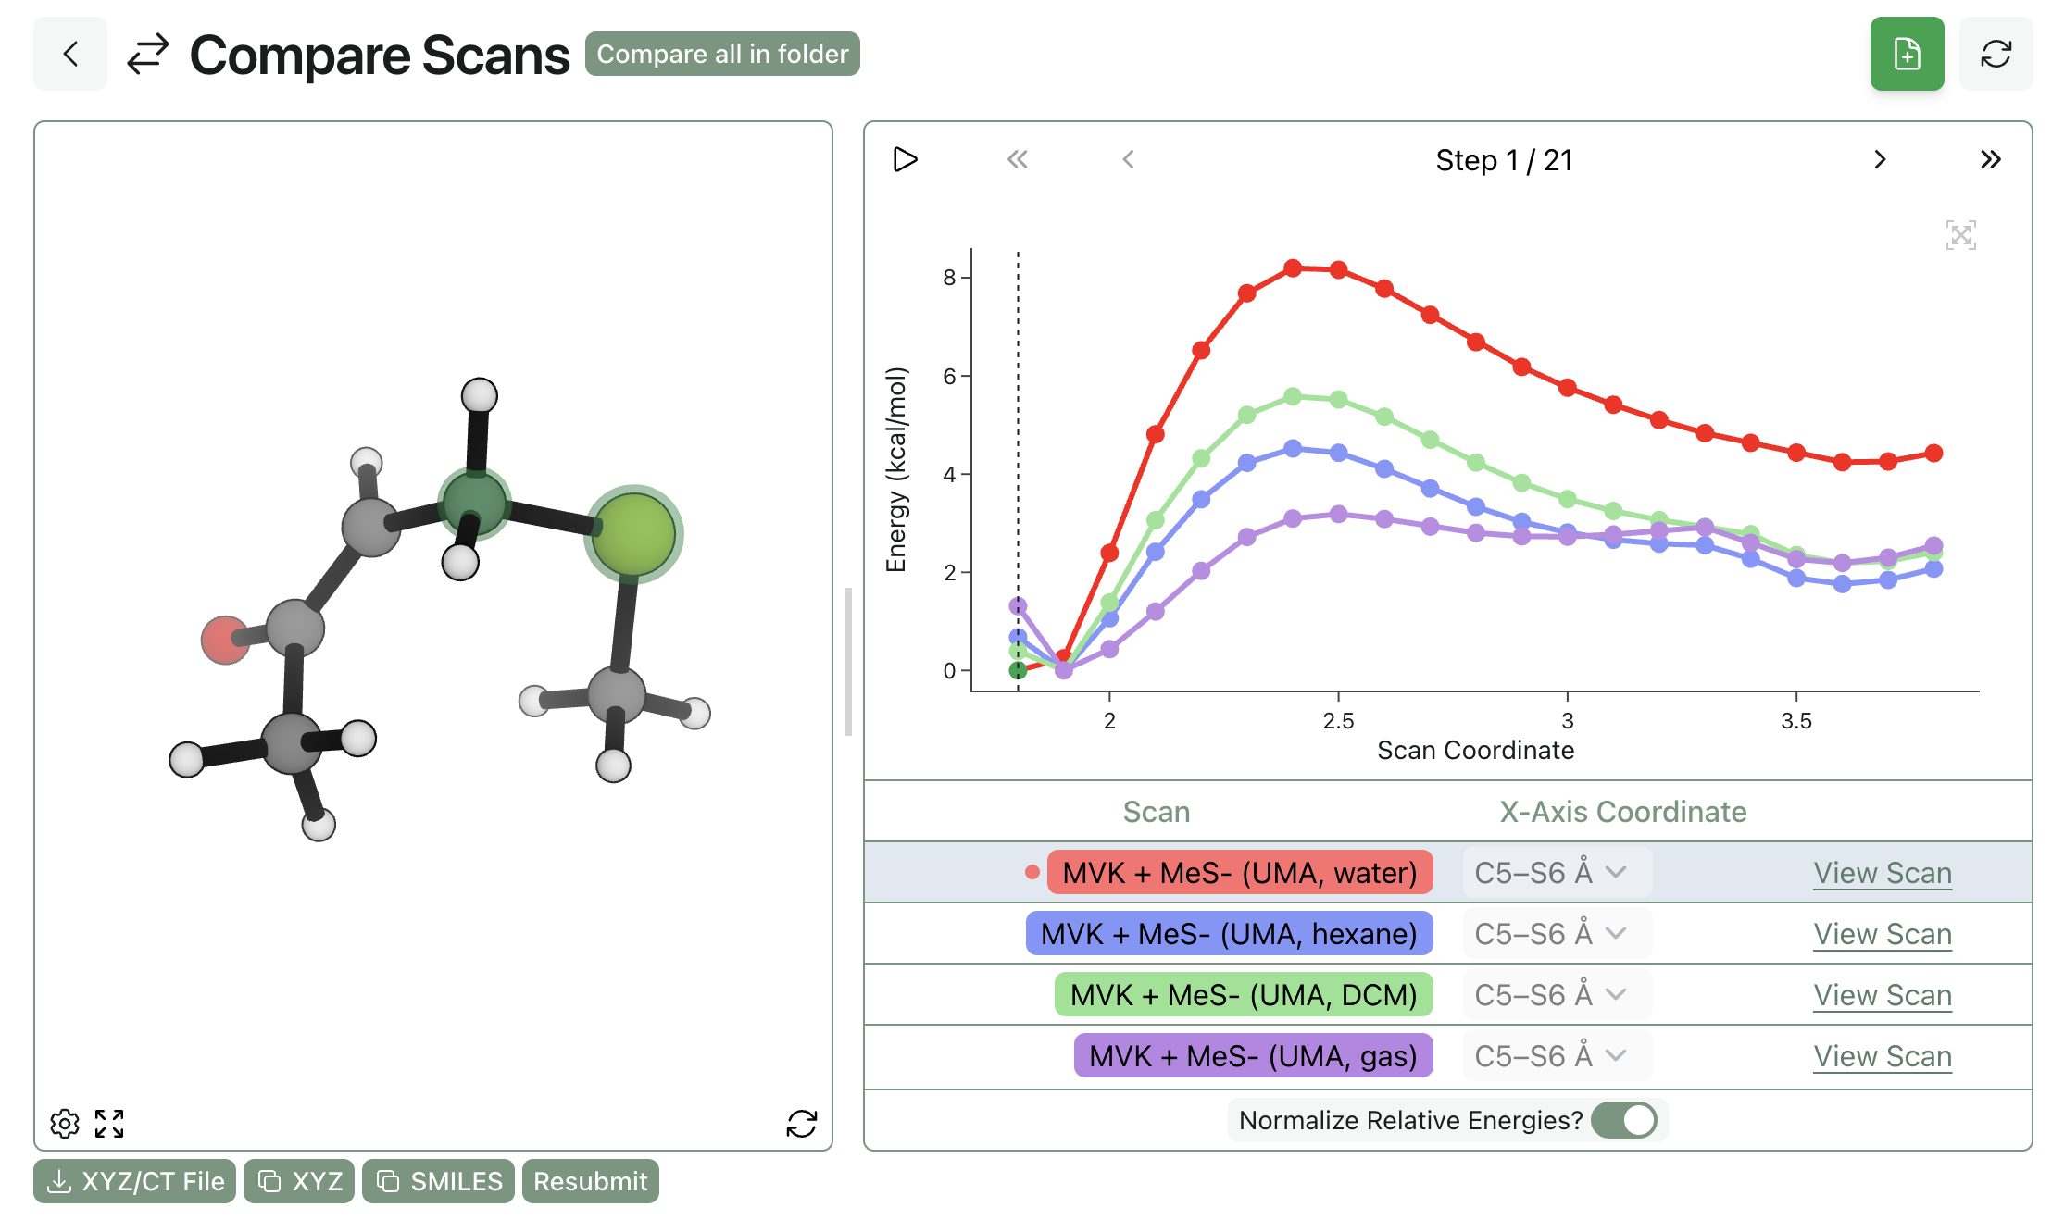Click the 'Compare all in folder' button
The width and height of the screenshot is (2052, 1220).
click(722, 55)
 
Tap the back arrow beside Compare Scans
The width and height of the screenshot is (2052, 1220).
click(70, 55)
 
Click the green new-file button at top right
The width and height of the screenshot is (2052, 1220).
click(1907, 55)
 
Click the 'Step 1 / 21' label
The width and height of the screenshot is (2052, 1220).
click(1504, 160)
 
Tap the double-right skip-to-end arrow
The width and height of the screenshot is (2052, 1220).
click(1990, 160)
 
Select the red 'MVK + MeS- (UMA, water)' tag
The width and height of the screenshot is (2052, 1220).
click(1239, 873)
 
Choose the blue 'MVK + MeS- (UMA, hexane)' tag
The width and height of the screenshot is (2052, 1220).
click(1229, 934)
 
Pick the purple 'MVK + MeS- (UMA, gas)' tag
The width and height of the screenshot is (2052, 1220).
click(1253, 1056)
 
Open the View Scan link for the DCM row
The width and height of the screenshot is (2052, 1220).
click(1882, 995)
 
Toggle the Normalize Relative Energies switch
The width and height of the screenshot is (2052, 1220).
click(1625, 1120)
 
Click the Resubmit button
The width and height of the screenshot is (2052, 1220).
click(590, 1181)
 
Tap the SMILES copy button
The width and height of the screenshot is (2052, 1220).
click(439, 1181)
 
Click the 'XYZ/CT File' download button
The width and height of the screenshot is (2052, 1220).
click(135, 1181)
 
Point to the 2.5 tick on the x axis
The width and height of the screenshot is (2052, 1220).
click(1338, 720)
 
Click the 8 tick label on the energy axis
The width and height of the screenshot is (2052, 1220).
click(949, 278)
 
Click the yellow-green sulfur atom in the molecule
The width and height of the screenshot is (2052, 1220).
click(633, 534)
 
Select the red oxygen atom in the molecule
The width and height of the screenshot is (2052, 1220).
click(224, 640)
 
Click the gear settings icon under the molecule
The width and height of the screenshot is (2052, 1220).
click(65, 1124)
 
